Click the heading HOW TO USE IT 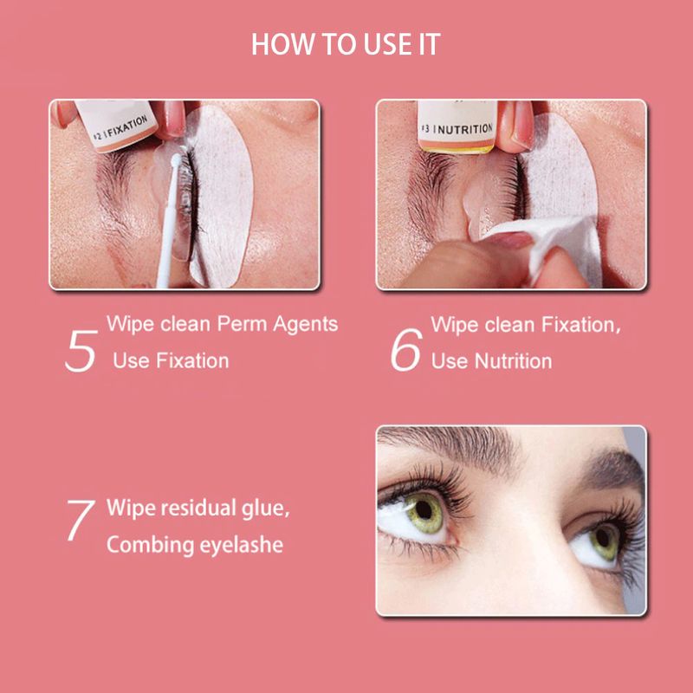[x=346, y=44]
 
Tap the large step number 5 [x=81, y=351]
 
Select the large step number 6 [x=406, y=349]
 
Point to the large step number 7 [x=81, y=520]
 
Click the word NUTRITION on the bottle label [x=465, y=129]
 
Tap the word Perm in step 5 [x=242, y=324]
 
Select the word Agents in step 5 [x=306, y=325]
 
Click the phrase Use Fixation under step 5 [x=171, y=360]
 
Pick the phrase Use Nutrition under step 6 [x=491, y=361]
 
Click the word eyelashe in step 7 [x=242, y=545]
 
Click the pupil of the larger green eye [x=424, y=510]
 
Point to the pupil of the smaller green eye [x=603, y=537]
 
